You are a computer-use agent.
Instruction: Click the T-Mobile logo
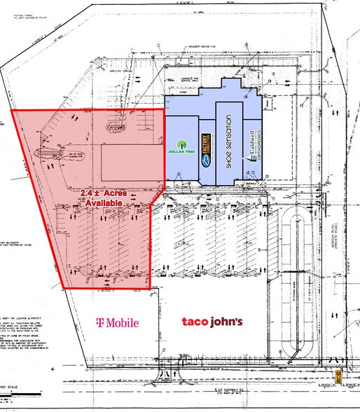point(118,322)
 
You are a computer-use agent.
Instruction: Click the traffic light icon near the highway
point(338,377)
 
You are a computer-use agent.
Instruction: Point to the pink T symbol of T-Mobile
point(99,322)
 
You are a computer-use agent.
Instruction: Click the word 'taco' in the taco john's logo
point(195,322)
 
